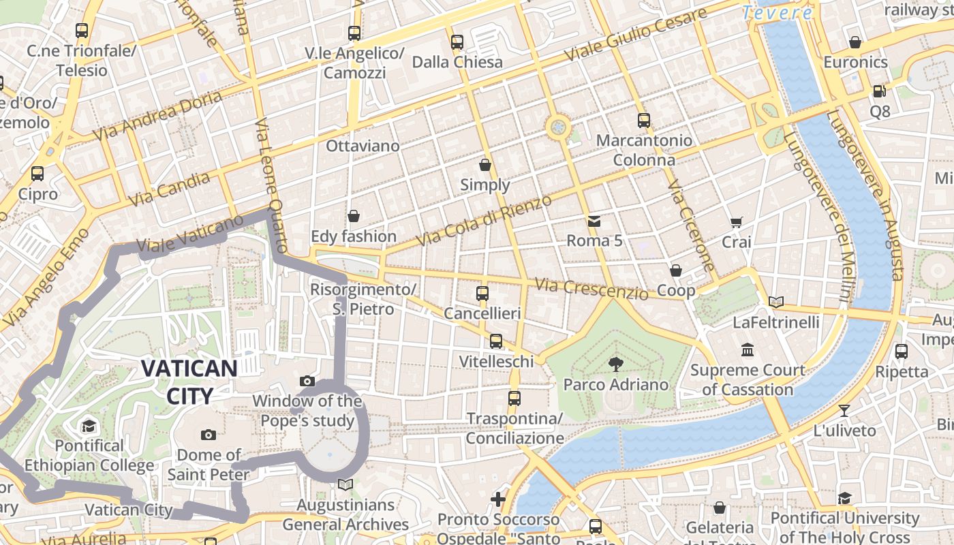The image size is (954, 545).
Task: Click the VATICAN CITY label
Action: [189, 381]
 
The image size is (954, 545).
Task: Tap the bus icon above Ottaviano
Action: [354, 33]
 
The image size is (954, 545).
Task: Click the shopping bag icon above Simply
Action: [484, 165]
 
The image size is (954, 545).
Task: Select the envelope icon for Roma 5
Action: [594, 221]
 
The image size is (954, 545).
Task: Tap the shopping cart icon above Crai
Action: [736, 222]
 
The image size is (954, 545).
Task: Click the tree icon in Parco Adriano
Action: [615, 364]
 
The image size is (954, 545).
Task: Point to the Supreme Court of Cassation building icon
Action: [747, 349]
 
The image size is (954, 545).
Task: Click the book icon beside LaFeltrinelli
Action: [775, 302]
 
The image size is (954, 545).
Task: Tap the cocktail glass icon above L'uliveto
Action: [844, 410]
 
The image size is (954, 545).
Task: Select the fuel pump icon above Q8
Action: [879, 91]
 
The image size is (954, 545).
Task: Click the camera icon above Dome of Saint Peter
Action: [209, 435]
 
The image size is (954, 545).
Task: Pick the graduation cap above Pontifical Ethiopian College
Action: [89, 426]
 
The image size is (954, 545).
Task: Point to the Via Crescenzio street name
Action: [591, 289]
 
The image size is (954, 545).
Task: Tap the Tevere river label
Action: [778, 13]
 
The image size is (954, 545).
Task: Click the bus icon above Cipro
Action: [37, 174]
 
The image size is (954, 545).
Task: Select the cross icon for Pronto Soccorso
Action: [498, 499]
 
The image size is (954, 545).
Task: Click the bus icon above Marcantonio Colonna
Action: [644, 121]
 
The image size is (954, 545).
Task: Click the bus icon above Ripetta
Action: [901, 352]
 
